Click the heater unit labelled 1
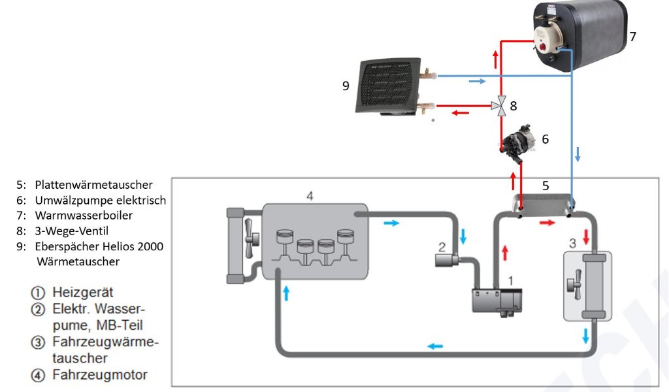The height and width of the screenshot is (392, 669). click(x=497, y=302)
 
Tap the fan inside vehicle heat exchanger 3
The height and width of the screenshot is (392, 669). click(x=574, y=284)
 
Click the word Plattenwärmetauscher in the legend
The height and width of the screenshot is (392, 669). click(x=94, y=185)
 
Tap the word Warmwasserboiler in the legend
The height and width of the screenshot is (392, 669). click(x=84, y=216)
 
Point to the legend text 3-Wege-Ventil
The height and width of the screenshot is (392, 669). click(x=72, y=231)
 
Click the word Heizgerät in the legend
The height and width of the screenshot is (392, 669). click(x=83, y=293)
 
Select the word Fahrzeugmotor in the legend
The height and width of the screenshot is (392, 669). click(x=100, y=374)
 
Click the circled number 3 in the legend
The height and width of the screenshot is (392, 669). click(x=38, y=342)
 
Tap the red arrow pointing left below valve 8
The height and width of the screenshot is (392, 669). click(x=461, y=112)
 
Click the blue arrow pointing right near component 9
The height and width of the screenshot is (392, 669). click(x=477, y=81)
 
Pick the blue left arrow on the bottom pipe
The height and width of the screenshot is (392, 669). click(x=435, y=346)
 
